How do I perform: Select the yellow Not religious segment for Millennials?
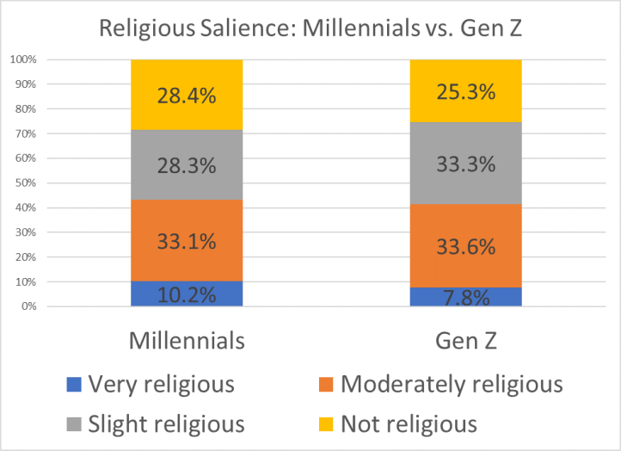(187, 95)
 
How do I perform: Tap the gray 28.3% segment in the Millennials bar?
(187, 165)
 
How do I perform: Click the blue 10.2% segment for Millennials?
(187, 293)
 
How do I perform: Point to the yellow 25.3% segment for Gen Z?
(465, 90)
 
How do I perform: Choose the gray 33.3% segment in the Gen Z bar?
(465, 164)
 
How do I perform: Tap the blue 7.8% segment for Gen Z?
(465, 297)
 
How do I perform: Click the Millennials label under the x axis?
(187, 341)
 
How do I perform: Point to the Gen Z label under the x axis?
(465, 341)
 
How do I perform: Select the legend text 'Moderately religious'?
(452, 384)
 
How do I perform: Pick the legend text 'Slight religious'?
(167, 423)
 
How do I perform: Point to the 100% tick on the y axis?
(22, 59)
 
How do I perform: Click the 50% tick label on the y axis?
(24, 183)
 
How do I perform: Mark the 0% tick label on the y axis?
(28, 306)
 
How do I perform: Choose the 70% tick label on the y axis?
(24, 133)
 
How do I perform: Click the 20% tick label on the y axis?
(24, 257)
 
